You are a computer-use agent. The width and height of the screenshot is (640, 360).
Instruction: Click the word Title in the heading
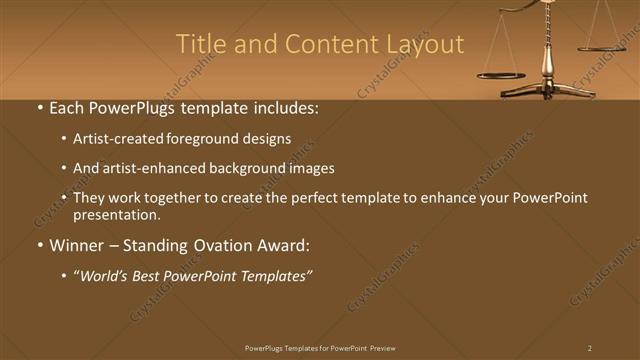199,45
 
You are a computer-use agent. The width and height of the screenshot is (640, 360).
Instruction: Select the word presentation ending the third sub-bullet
116,215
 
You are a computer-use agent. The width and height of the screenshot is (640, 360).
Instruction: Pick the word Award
287,245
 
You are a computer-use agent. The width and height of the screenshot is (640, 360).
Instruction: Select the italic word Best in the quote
154,275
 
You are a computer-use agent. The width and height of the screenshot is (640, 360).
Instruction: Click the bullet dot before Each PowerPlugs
38,108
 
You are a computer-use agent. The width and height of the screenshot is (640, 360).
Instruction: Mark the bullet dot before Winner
38,245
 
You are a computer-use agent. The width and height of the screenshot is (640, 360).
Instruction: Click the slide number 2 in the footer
589,348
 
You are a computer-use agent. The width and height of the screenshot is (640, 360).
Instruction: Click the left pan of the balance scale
500,75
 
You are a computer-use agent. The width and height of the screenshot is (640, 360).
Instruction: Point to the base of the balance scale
547,92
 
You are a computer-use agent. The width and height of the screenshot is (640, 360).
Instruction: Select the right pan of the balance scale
602,46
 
